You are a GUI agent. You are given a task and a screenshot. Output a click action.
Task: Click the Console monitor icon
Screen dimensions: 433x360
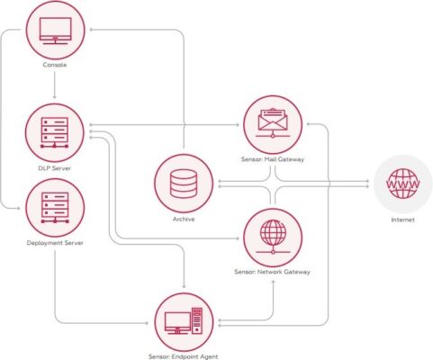coord(55,31)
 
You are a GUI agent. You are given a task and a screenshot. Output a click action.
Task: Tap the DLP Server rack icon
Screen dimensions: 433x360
coord(54,132)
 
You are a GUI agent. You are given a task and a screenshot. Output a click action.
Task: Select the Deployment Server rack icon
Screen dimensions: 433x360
coord(55,208)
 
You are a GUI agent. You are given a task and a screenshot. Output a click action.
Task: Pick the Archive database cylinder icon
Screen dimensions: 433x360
coord(184,184)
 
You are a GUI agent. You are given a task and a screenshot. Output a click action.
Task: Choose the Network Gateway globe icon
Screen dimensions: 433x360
coord(273,237)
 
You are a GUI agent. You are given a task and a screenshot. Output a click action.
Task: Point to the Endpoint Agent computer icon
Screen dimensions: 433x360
coord(184,321)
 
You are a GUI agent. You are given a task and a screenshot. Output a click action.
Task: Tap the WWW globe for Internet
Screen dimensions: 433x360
coord(403,184)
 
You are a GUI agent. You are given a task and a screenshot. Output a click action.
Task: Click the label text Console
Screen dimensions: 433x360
coord(55,65)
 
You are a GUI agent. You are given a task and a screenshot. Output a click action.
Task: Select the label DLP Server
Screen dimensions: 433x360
coord(55,168)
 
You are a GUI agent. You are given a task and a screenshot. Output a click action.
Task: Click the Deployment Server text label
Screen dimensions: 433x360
coord(55,243)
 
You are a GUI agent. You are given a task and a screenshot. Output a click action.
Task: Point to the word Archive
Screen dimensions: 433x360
coord(184,220)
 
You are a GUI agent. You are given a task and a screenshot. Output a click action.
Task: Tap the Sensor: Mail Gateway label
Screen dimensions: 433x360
coord(273,159)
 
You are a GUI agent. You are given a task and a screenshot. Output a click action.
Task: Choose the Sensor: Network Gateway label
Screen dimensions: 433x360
coord(272,272)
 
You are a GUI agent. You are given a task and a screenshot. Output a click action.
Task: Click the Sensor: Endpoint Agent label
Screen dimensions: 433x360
coord(184,356)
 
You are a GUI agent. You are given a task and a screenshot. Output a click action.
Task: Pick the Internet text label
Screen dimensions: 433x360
coord(402,220)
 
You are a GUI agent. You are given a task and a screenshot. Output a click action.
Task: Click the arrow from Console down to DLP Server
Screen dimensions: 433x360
coord(54,85)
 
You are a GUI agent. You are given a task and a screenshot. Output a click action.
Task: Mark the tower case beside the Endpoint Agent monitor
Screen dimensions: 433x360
coord(197,321)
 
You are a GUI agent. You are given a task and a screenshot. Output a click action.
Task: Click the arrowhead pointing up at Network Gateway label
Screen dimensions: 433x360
coord(273,282)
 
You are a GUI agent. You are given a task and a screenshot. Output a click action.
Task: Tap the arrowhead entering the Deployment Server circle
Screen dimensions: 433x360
coord(19,208)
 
